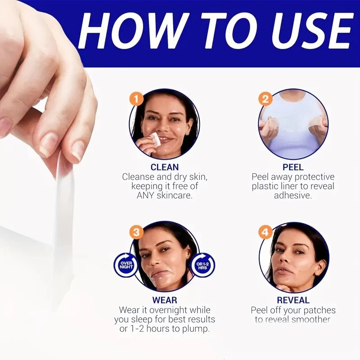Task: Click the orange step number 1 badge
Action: pyautogui.click(x=136, y=99)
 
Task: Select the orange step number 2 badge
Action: pyautogui.click(x=265, y=99)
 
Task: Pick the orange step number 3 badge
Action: pyautogui.click(x=136, y=232)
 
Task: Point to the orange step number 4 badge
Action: pyautogui.click(x=265, y=232)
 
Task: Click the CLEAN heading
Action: pyautogui.click(x=165, y=167)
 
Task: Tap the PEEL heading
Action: pyautogui.click(x=293, y=167)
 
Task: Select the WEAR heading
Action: pyautogui.click(x=165, y=300)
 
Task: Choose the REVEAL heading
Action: pyautogui.click(x=293, y=300)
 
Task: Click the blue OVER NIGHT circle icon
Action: pyautogui.click(x=126, y=265)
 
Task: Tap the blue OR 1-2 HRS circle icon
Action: pyautogui.click(x=203, y=265)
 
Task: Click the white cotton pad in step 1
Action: pyautogui.click(x=155, y=139)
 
